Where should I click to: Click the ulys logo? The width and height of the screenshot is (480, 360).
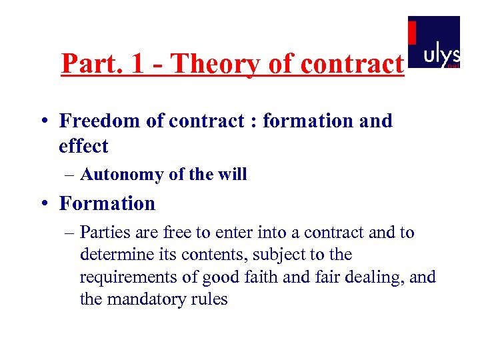pos(434,42)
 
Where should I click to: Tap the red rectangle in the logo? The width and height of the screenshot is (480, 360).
pos(412,33)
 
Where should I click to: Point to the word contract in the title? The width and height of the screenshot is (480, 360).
pos(352,64)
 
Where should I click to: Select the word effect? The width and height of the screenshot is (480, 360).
pos(83,145)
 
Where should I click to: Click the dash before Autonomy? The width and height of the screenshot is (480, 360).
pos(70,175)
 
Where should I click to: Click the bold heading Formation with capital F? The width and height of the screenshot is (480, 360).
pos(107,203)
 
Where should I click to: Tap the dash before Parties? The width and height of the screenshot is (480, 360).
pos(70,233)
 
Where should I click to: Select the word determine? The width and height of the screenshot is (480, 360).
pos(113,255)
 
